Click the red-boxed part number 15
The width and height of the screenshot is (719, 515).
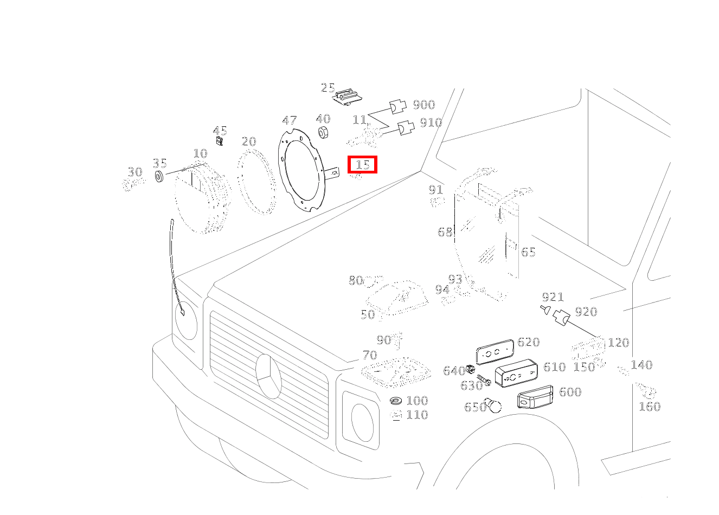click(x=363, y=165)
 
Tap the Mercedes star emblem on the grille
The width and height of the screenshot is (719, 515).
click(x=268, y=376)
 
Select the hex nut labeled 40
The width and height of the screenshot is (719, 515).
click(x=323, y=132)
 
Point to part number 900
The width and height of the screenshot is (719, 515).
click(x=423, y=105)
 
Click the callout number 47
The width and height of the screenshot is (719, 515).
click(x=289, y=120)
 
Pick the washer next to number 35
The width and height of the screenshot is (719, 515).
click(x=159, y=177)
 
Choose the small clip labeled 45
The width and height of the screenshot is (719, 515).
click(x=219, y=140)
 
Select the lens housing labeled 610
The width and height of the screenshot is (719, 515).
click(x=516, y=373)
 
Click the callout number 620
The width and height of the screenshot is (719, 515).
click(x=528, y=342)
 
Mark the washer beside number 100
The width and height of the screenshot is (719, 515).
click(x=397, y=401)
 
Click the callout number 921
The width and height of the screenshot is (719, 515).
click(x=553, y=297)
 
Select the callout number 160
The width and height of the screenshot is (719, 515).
click(x=650, y=407)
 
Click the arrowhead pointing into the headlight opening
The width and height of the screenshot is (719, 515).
click(x=182, y=312)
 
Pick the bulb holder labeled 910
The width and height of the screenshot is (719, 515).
click(x=406, y=128)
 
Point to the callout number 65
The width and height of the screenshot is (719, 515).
click(x=528, y=252)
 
